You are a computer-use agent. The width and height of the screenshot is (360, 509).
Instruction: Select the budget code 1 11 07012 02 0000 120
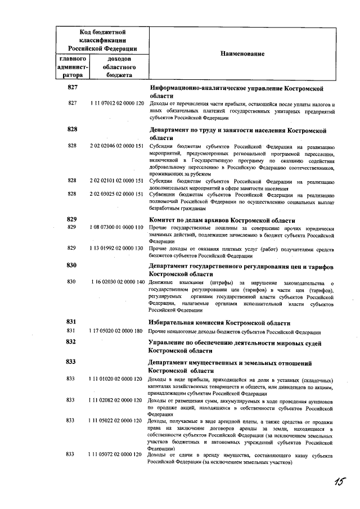click(x=116, y=104)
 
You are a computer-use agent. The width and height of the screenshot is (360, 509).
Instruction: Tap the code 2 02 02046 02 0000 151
click(x=116, y=146)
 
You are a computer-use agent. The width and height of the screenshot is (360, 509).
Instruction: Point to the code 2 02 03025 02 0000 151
click(x=116, y=194)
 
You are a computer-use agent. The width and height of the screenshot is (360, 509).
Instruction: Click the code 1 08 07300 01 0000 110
click(x=116, y=228)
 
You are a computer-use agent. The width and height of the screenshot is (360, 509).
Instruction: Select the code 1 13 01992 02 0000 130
click(x=116, y=248)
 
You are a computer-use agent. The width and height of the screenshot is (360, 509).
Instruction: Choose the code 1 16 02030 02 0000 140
click(x=116, y=282)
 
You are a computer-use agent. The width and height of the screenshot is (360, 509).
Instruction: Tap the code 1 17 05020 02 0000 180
click(x=116, y=331)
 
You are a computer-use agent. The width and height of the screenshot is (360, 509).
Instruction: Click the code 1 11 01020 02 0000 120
click(x=116, y=379)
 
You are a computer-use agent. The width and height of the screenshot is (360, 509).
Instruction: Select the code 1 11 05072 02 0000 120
click(x=116, y=454)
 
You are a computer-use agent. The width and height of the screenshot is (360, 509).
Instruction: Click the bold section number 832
click(x=71, y=342)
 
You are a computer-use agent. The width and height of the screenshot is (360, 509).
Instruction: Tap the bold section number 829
click(x=71, y=219)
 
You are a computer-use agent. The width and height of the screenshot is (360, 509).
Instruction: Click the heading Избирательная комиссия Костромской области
click(x=219, y=323)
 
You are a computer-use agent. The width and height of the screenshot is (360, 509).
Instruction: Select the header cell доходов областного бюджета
click(x=118, y=66)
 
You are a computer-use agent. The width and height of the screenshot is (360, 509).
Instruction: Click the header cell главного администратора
click(x=72, y=66)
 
